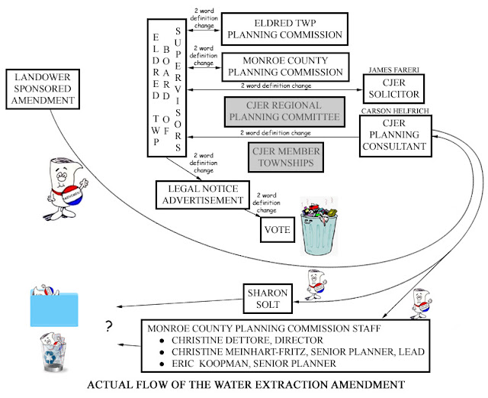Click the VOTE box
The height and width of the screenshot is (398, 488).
tap(278, 230)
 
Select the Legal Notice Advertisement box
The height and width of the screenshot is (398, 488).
tap(203, 195)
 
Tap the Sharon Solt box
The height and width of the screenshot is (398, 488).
tap(268, 299)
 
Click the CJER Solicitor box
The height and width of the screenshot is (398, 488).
tap(393, 89)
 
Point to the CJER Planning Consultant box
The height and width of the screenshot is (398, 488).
tap(395, 136)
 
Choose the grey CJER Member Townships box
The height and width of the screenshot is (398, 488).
tap(286, 157)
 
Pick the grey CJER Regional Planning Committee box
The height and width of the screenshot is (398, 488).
tap(284, 112)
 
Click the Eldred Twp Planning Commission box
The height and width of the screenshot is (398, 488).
tap(284, 29)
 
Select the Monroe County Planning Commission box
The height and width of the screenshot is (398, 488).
tap(285, 66)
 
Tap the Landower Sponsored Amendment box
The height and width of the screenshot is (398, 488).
tap(43, 89)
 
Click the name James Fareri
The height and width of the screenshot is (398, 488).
tap(393, 70)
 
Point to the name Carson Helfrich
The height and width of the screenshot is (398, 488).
tap(395, 111)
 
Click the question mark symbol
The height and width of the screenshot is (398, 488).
tap(108, 326)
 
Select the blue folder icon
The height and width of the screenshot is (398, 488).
tap(54, 309)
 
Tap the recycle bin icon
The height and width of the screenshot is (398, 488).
tap(53, 352)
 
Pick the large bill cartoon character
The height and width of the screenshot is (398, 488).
tap(66, 189)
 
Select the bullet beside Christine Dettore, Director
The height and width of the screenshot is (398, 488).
tap(162, 341)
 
